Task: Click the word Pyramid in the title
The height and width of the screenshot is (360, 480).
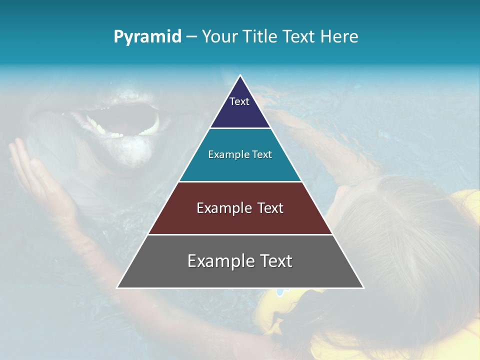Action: coord(147,37)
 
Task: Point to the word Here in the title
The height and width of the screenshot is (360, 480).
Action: coord(339,37)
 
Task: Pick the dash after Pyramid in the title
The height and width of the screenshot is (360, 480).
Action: coord(191,37)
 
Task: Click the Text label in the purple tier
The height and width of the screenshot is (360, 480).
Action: coord(239,101)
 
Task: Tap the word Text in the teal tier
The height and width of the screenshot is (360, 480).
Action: coord(262,154)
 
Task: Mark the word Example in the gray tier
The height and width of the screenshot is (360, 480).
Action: coord(220,261)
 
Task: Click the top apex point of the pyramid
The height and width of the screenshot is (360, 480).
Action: coord(240,75)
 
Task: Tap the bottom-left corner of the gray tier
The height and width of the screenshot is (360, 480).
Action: coord(117,287)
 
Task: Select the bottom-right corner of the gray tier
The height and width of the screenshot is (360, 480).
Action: coord(363,287)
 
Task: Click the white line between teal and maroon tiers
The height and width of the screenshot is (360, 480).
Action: coord(240,181)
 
